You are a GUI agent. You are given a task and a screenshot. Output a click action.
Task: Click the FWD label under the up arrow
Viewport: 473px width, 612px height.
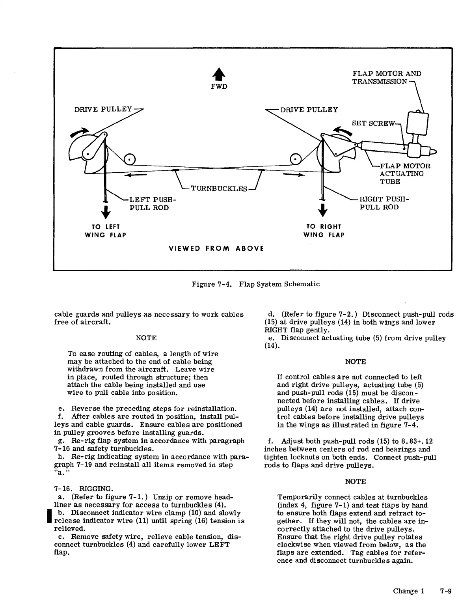(219, 86)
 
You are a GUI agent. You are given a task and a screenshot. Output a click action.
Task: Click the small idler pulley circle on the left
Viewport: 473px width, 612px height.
(129, 159)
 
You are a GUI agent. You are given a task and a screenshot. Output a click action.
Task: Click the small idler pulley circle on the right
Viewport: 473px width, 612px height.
(296, 159)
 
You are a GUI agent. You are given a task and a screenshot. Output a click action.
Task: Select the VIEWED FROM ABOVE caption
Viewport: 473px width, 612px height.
(216, 248)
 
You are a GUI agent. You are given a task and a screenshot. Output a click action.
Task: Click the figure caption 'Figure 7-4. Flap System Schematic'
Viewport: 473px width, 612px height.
(255, 284)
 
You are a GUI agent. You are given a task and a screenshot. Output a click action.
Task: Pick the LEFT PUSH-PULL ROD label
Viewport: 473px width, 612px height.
(152, 203)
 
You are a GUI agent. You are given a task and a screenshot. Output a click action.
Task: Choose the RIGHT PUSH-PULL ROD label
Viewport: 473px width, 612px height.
(384, 203)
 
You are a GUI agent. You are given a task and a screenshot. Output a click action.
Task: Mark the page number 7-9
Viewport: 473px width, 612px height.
(446, 591)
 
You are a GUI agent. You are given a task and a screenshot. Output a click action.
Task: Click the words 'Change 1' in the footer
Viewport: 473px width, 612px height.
(408, 591)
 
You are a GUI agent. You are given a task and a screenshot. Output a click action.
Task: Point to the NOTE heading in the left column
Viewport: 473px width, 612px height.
(146, 338)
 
